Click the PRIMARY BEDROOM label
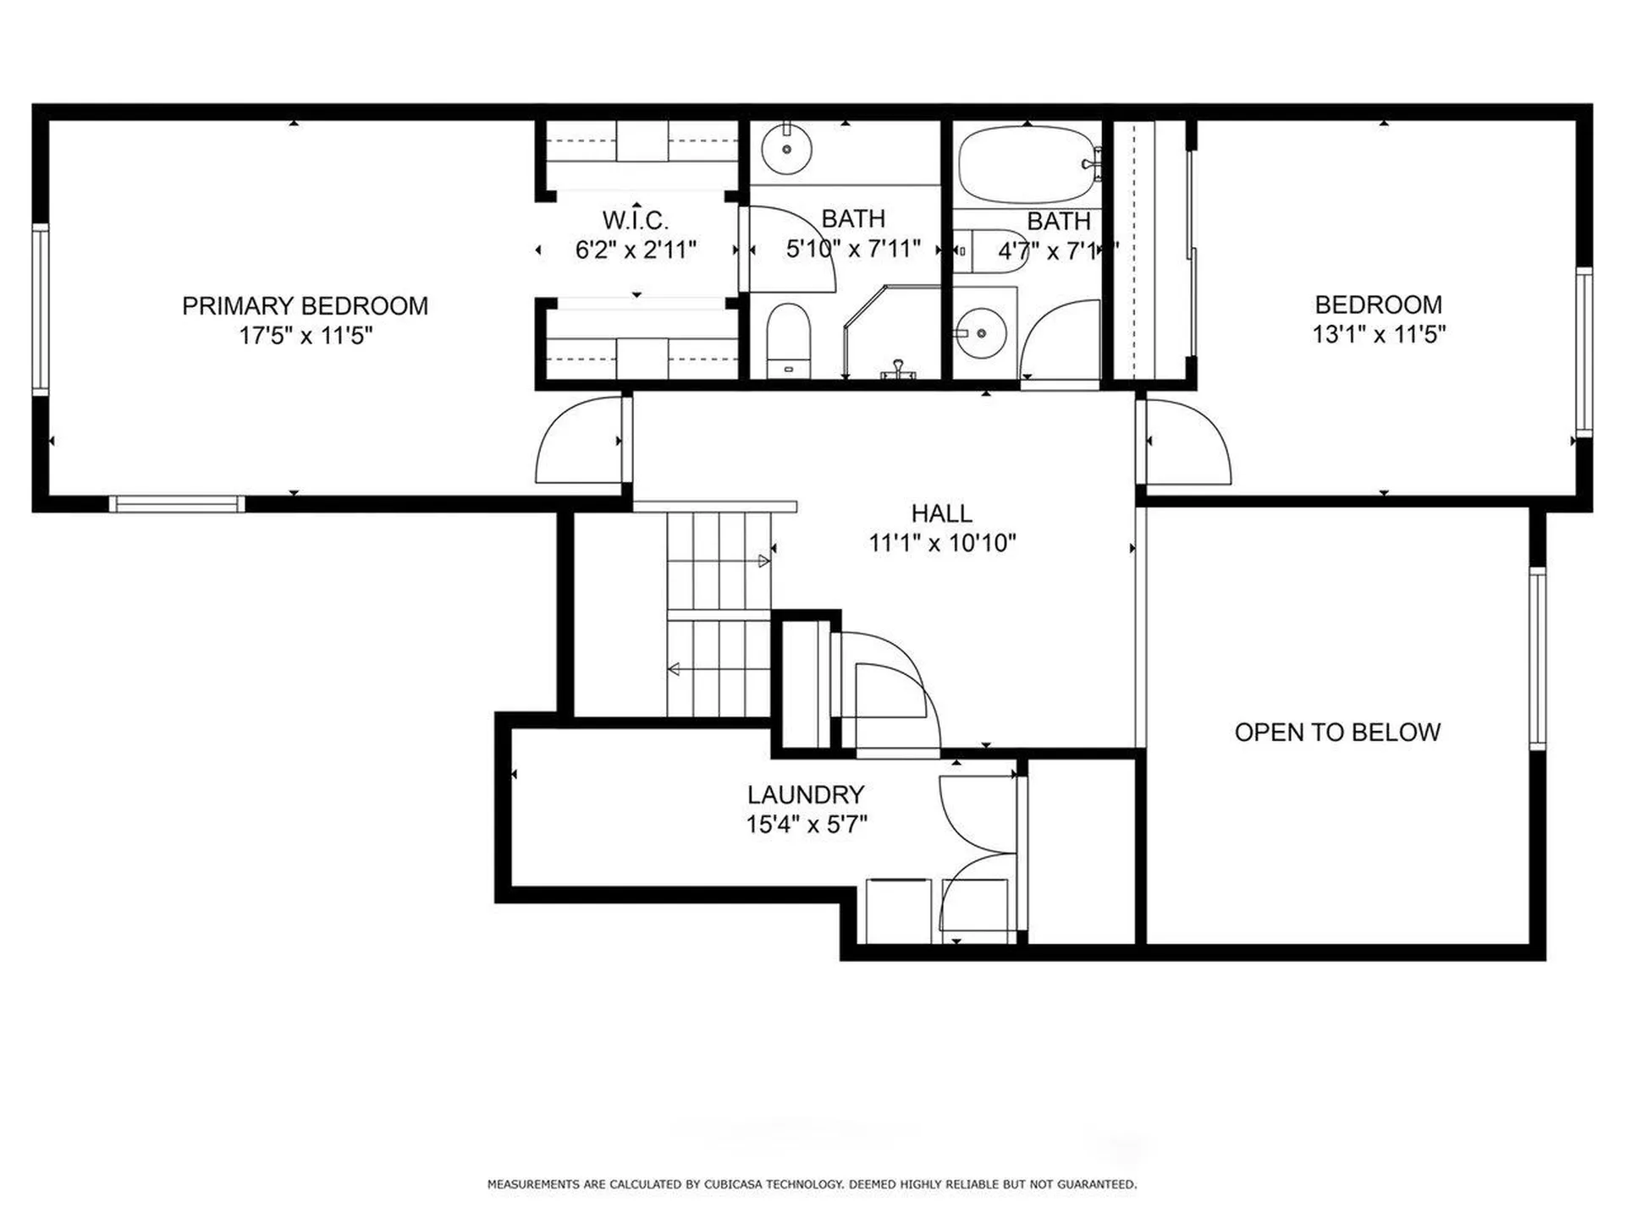[x=305, y=305]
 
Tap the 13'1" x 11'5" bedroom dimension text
[x=1378, y=335]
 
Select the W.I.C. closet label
[x=635, y=220]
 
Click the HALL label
[x=941, y=513]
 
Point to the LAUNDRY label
[x=805, y=794]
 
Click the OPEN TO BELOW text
[x=1336, y=732]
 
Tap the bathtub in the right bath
[x=1026, y=164]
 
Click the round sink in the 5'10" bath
[x=786, y=149]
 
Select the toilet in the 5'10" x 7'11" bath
[x=788, y=340]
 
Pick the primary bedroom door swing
[x=576, y=444]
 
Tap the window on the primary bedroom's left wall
[x=40, y=309]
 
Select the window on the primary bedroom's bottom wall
[x=177, y=504]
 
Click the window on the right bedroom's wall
[x=1584, y=352]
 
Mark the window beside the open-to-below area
[x=1537, y=658]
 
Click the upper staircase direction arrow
[x=763, y=561]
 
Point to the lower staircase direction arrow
[x=675, y=670]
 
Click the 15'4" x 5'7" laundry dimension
[x=806, y=824]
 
